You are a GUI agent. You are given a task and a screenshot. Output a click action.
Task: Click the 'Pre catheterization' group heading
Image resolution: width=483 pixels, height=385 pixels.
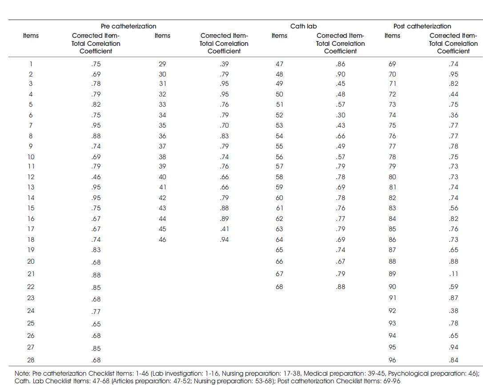pyautogui.click(x=129, y=26)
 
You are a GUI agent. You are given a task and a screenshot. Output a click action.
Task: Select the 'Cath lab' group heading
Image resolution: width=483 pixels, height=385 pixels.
pyautogui.click(x=303, y=26)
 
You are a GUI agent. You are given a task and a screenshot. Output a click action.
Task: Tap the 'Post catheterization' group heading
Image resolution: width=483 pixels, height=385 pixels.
pyautogui.click(x=422, y=26)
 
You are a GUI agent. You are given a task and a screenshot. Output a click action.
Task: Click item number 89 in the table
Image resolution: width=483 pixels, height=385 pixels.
pyautogui.click(x=392, y=274)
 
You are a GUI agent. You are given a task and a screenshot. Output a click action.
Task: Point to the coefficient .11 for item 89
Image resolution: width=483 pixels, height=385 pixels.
pyautogui.click(x=454, y=274)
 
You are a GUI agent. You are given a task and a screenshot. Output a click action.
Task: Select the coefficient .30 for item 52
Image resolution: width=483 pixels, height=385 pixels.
pyautogui.click(x=340, y=115)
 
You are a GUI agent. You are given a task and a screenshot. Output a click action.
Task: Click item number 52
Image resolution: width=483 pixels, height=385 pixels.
pyautogui.click(x=279, y=115)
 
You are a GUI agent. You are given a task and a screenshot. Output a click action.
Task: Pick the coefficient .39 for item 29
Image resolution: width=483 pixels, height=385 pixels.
pyautogui.click(x=224, y=64)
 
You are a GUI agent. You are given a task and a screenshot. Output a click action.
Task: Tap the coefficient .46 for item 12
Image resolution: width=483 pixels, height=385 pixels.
pyautogui.click(x=96, y=177)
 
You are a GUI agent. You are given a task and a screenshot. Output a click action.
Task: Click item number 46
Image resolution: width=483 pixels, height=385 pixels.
pyautogui.click(x=162, y=240)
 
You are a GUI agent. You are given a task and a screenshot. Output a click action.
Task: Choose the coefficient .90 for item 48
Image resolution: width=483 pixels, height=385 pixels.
pyautogui.click(x=340, y=74)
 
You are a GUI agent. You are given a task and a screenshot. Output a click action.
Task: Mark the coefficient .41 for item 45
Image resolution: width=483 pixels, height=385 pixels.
pyautogui.click(x=224, y=229)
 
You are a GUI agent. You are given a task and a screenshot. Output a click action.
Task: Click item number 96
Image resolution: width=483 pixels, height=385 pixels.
pyautogui.click(x=392, y=360)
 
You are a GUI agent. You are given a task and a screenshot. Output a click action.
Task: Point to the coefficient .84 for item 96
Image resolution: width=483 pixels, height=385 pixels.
pyautogui.click(x=454, y=360)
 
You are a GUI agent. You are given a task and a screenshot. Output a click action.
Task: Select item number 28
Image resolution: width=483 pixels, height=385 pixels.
pyautogui.click(x=31, y=360)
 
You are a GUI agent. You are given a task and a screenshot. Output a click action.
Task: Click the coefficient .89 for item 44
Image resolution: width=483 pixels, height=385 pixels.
pyautogui.click(x=224, y=219)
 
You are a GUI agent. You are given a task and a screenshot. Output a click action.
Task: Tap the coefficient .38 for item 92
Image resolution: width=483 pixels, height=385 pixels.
pyautogui.click(x=454, y=311)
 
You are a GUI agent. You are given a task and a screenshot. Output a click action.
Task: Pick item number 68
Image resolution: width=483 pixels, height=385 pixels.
pyautogui.click(x=279, y=287)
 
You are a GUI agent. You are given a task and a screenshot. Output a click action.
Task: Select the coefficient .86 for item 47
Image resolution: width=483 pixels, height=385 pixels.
pyautogui.click(x=340, y=64)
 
